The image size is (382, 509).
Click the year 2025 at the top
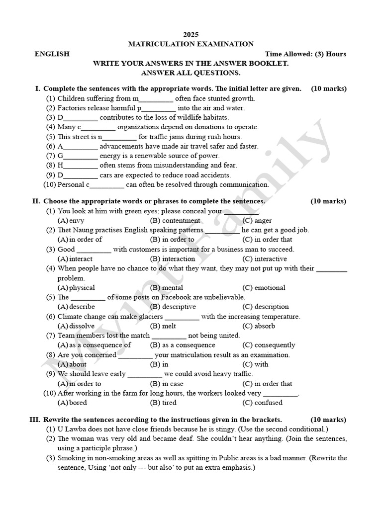(191, 34)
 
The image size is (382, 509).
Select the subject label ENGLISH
(52, 54)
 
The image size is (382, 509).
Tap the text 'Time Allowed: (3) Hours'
(305, 54)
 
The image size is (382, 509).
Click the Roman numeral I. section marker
(38, 88)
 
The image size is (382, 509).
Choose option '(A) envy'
(71, 220)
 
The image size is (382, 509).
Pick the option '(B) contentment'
(175, 220)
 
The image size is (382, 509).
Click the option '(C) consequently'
(269, 345)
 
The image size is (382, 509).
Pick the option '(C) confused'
(263, 403)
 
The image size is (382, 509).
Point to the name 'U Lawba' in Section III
(71, 429)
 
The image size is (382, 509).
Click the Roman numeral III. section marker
(35, 420)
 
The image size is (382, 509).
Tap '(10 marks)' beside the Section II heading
(328, 201)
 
